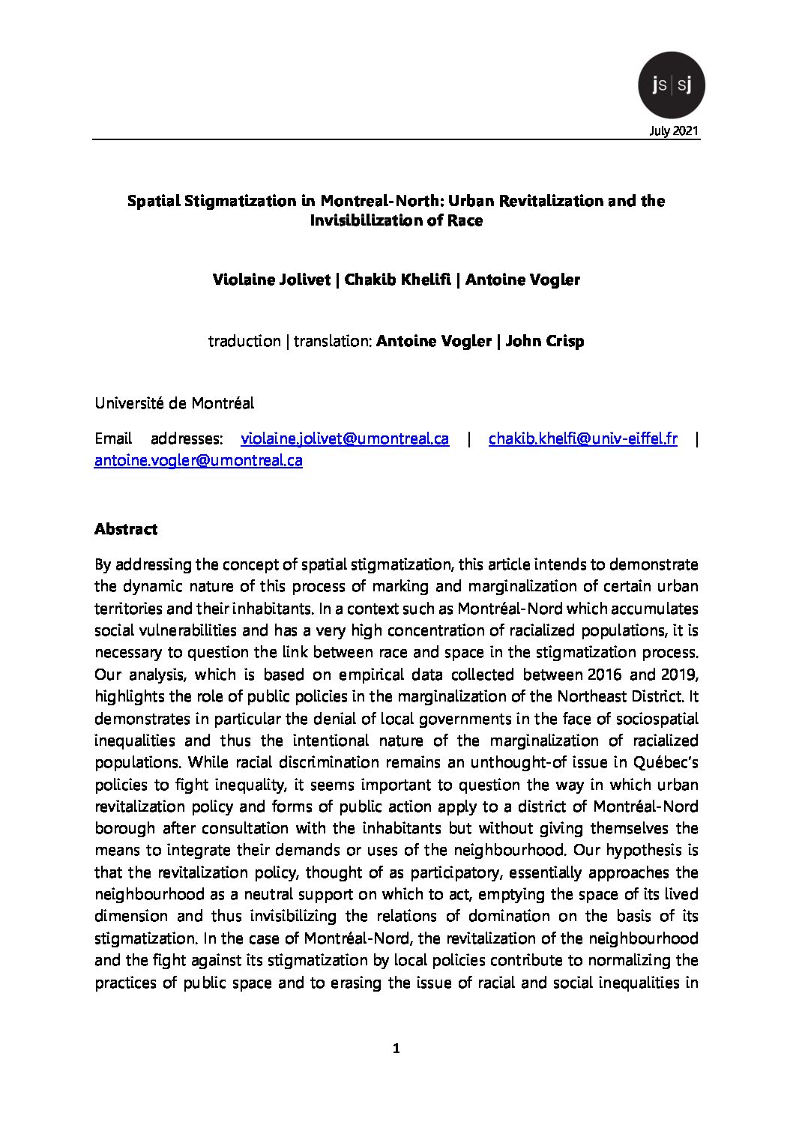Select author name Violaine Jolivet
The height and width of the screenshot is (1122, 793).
[x=272, y=280]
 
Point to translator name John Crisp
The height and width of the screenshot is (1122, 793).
[x=545, y=341]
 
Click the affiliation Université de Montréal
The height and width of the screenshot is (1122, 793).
[x=175, y=403]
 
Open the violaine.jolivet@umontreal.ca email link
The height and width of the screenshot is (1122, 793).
[x=344, y=438]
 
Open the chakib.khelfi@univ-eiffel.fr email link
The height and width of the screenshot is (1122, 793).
[x=582, y=438]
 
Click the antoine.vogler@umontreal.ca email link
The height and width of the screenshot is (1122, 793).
[x=199, y=460]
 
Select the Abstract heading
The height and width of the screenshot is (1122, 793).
[x=126, y=529]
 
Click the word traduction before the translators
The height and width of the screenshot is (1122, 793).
[x=244, y=341]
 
